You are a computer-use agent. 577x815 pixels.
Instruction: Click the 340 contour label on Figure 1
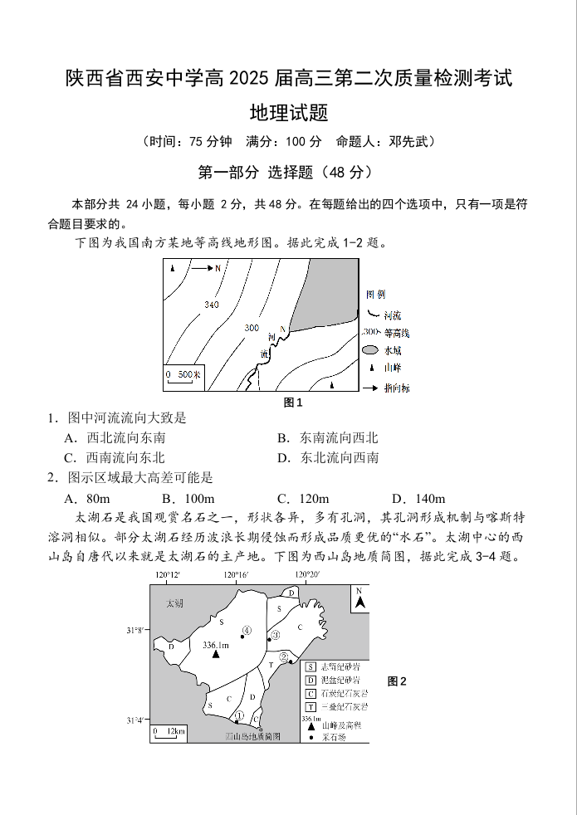[211, 305]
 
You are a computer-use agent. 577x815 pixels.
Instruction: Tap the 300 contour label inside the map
[252, 328]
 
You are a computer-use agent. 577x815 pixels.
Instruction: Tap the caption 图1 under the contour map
[293, 403]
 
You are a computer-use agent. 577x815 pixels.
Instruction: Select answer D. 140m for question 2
[418, 498]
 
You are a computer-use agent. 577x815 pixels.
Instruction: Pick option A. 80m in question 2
[87, 498]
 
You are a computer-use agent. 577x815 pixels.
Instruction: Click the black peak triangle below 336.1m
[215, 655]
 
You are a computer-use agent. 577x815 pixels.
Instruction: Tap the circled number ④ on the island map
[247, 630]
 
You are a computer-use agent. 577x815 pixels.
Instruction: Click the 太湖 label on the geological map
[175, 603]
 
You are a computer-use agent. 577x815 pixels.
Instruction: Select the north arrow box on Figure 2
[359, 598]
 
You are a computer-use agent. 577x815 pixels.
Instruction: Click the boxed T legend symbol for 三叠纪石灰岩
[311, 707]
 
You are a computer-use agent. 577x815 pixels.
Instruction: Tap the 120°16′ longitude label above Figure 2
[236, 575]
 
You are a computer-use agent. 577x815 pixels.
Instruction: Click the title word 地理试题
[288, 112]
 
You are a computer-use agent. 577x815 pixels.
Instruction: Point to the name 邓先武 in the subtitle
[407, 141]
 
